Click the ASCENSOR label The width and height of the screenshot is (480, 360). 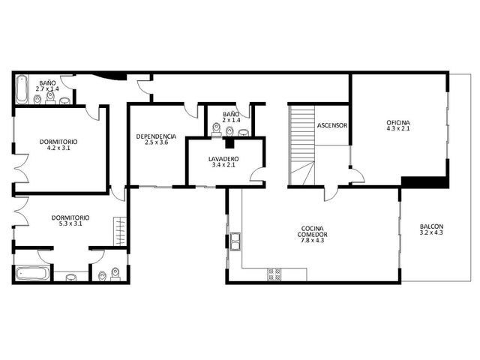[332, 125]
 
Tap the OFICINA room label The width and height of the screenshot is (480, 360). [398, 123]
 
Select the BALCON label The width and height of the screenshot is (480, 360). [432, 226]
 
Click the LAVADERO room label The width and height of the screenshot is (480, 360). [223, 159]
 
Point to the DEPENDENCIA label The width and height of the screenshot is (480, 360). [156, 136]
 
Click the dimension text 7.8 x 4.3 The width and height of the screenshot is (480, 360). [313, 240]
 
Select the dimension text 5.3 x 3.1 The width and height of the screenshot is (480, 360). [70, 223]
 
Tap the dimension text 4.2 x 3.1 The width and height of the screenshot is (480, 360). [58, 148]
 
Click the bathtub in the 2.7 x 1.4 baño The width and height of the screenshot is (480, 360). [22, 89]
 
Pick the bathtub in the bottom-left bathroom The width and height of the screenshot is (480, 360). [33, 274]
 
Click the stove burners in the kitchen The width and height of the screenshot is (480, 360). [274, 274]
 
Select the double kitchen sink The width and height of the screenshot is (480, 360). [235, 241]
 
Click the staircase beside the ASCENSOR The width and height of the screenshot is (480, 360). [302, 145]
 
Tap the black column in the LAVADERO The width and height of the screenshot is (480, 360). [229, 143]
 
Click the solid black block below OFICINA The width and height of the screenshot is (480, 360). [424, 182]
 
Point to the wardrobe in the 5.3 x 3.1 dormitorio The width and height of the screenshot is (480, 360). [120, 231]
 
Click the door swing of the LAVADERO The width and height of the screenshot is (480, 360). [256, 175]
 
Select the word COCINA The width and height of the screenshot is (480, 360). [313, 229]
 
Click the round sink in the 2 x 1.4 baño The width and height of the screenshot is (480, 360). [244, 133]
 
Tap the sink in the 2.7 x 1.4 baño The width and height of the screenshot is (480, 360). [65, 100]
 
